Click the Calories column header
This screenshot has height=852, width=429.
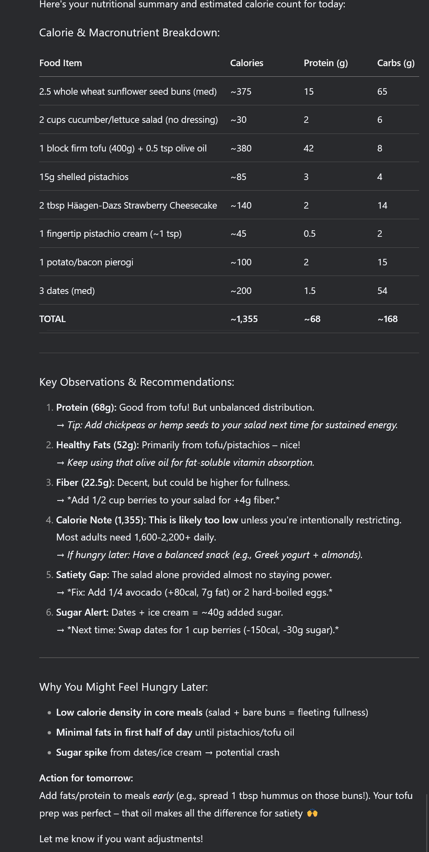[x=246, y=63]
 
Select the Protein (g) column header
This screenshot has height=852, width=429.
[x=326, y=63]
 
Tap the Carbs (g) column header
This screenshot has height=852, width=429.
[x=395, y=63]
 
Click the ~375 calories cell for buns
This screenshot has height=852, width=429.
[x=241, y=91]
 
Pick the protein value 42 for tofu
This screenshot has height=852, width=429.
[x=308, y=148]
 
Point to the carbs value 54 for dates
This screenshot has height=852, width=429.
[x=382, y=291]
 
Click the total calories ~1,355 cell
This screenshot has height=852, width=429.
[x=244, y=319]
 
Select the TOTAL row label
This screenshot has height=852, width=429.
[x=52, y=319]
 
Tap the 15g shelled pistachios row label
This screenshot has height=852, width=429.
[x=84, y=177]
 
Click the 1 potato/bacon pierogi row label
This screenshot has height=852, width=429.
[x=86, y=262]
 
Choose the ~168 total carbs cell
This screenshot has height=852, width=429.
[x=387, y=319]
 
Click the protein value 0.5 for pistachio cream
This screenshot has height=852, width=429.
[x=309, y=234]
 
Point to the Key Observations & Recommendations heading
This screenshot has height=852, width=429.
[x=136, y=382]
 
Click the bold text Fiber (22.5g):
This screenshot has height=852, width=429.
[x=85, y=483]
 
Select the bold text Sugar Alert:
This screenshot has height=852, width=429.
[x=82, y=612]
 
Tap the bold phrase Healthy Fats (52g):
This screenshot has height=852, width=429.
[x=97, y=445]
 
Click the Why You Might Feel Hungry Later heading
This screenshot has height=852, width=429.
[x=123, y=687]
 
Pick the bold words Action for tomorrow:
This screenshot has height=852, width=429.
[x=86, y=778]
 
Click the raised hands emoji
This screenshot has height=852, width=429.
[x=312, y=813]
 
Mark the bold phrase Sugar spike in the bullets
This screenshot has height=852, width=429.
[x=81, y=752]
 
